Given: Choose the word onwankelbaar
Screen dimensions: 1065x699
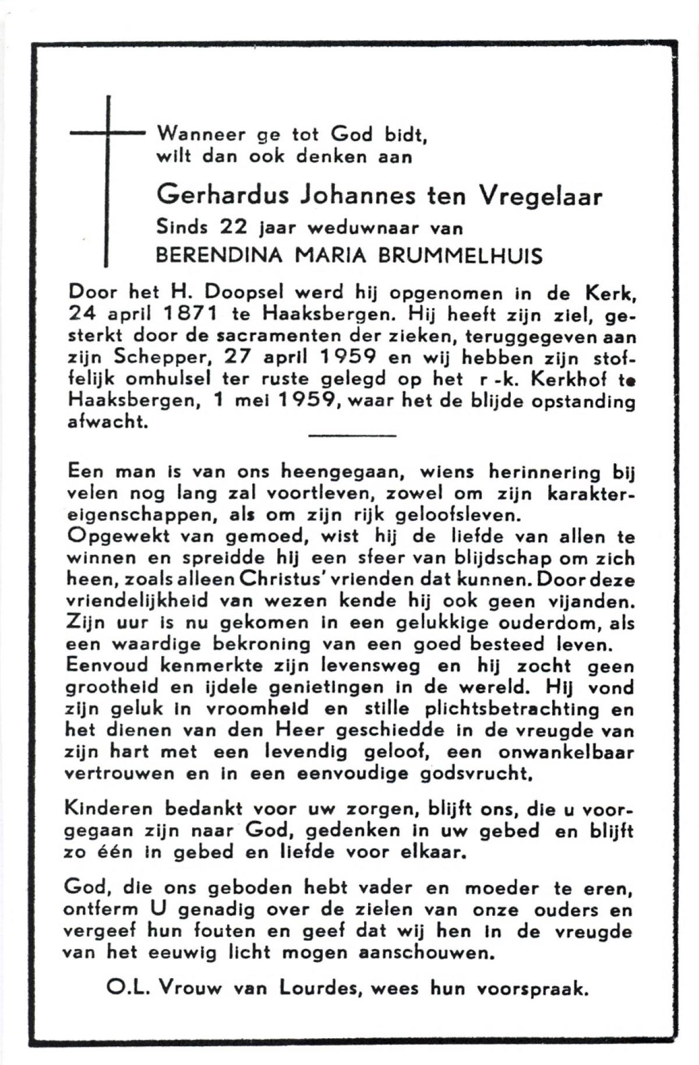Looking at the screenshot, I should point(566,752).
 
